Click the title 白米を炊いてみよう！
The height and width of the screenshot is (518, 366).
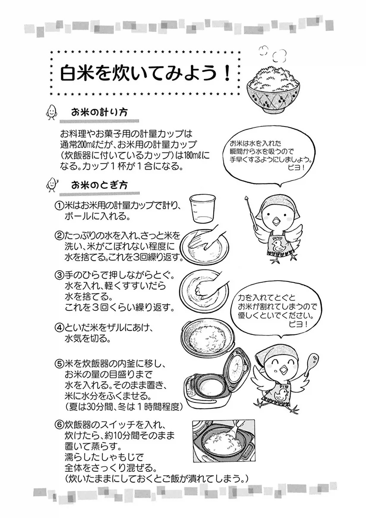click(x=145, y=73)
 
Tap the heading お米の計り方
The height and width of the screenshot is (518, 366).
click(x=99, y=113)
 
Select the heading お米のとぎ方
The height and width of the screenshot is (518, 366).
click(x=99, y=185)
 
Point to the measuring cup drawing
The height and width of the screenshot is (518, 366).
click(x=202, y=209)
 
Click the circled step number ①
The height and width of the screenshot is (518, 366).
click(x=59, y=205)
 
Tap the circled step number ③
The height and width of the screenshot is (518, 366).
click(x=59, y=275)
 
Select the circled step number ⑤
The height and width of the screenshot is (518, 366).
click(x=59, y=364)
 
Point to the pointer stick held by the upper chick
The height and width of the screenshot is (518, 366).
click(x=252, y=213)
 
